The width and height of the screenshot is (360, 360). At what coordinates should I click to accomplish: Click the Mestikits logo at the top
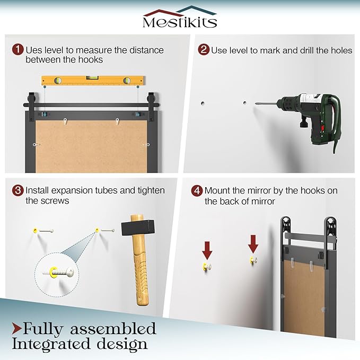click(180, 17)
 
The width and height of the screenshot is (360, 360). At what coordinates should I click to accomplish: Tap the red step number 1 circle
click(18, 49)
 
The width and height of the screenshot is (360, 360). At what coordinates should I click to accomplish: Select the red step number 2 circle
click(204, 50)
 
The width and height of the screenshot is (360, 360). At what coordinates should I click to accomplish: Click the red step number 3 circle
click(18, 190)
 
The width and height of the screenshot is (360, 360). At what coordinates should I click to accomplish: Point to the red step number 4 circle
click(197, 191)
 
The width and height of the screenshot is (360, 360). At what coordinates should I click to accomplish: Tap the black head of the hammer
click(138, 227)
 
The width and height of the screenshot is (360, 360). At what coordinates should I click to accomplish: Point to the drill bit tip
click(256, 103)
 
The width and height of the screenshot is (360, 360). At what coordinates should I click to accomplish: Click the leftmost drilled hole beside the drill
click(203, 103)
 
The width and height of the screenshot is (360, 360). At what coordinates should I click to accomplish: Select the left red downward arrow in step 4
click(207, 250)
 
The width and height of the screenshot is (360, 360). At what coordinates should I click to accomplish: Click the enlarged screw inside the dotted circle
click(58, 272)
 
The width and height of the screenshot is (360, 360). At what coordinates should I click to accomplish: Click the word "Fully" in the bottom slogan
click(43, 329)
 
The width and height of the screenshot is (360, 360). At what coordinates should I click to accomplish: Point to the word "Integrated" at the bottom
click(51, 345)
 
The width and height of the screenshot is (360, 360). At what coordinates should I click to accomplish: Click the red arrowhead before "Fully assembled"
click(17, 329)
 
